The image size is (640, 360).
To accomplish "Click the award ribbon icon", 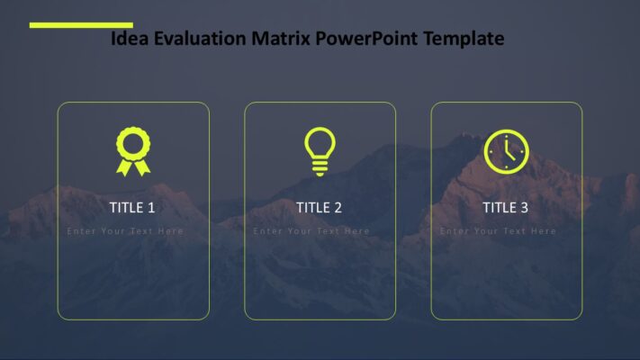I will [x=133, y=150].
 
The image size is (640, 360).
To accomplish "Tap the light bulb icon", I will [x=320, y=150].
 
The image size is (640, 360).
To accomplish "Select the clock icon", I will [x=506, y=150].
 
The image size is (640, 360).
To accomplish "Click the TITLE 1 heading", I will [x=132, y=208].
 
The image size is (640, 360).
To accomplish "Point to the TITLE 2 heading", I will [x=319, y=208].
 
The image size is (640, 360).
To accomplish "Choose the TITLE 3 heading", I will [x=505, y=208].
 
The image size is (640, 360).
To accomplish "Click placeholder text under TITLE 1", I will [x=125, y=231].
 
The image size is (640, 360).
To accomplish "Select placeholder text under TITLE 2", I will [x=311, y=231].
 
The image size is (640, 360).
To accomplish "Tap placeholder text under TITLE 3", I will [x=498, y=231].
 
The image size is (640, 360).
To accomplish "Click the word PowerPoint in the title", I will [x=371, y=39].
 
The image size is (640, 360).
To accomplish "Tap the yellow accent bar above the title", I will [x=81, y=25].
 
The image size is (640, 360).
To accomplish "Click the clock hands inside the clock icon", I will [x=509, y=150].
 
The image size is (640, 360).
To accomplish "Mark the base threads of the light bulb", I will [x=320, y=167].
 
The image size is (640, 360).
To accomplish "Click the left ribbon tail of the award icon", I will [x=124, y=166].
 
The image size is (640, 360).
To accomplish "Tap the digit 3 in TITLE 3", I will [x=524, y=208].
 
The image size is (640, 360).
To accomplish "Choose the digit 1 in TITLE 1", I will [x=151, y=208].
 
